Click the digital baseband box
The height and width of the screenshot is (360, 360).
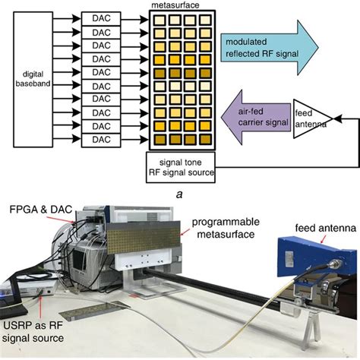click(32, 80)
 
